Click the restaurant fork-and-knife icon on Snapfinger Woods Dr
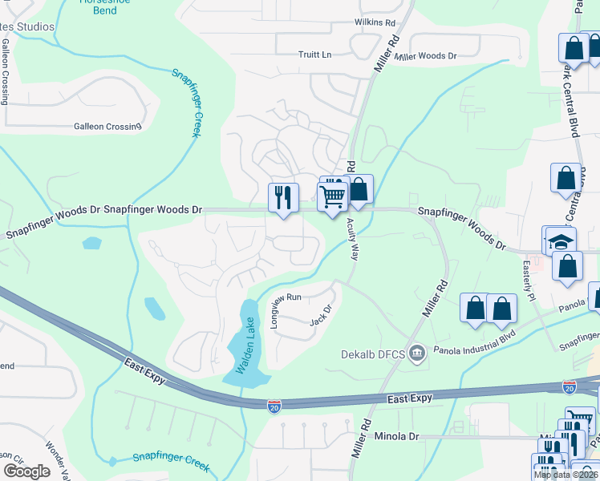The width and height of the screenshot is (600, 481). coord(283,196)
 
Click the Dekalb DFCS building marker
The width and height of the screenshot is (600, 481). coord(416,353)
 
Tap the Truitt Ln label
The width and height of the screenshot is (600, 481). coord(314,55)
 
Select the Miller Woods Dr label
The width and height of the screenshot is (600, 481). coord(425,56)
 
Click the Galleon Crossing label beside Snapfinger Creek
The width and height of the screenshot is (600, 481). coord(107,126)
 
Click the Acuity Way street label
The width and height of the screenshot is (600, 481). coord(351,240)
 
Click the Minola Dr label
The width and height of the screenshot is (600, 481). coord(397,437)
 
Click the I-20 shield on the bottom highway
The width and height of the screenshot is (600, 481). coord(274,406)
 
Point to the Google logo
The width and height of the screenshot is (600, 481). coord(26,471)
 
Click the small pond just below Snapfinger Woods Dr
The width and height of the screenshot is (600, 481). coord(91,242)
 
